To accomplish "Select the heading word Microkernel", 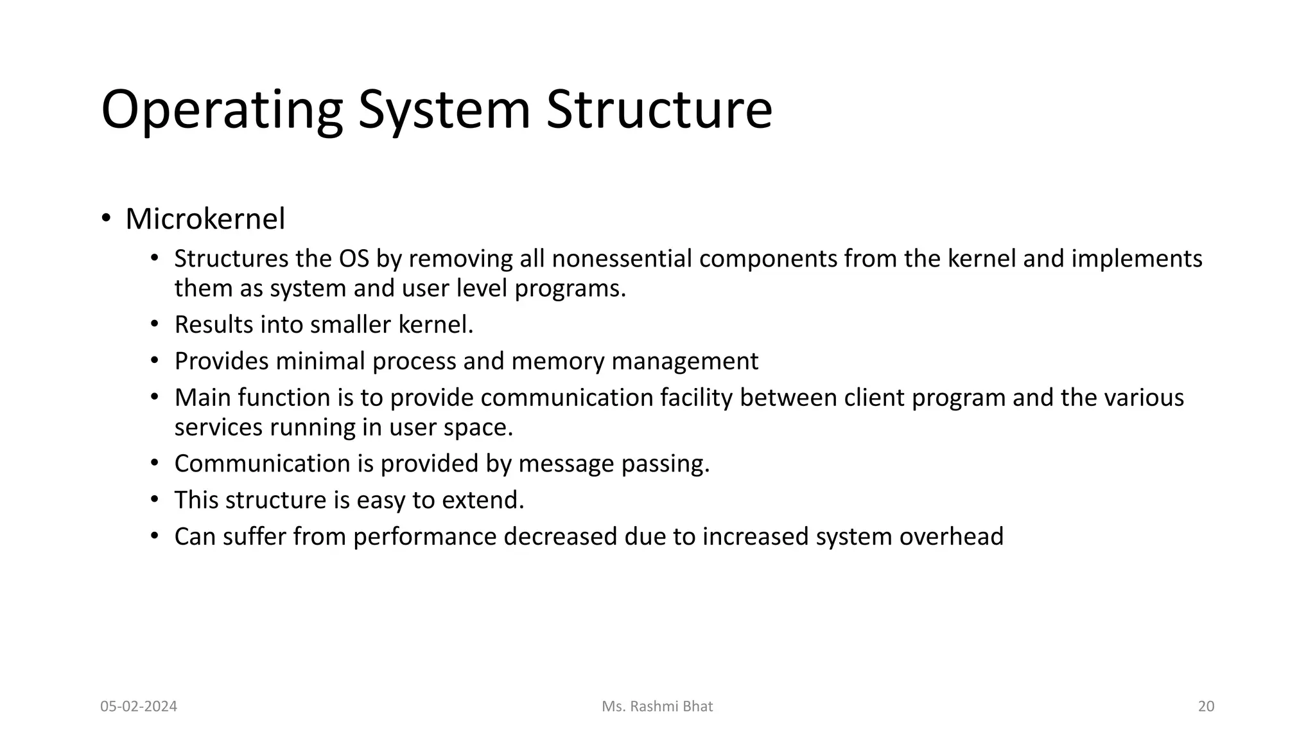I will click(205, 219).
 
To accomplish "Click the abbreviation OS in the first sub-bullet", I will click(354, 259).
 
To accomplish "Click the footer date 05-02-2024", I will click(139, 707).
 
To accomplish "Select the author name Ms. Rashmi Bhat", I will click(657, 707).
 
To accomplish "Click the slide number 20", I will click(1206, 707).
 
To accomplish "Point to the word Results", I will click(214, 325).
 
